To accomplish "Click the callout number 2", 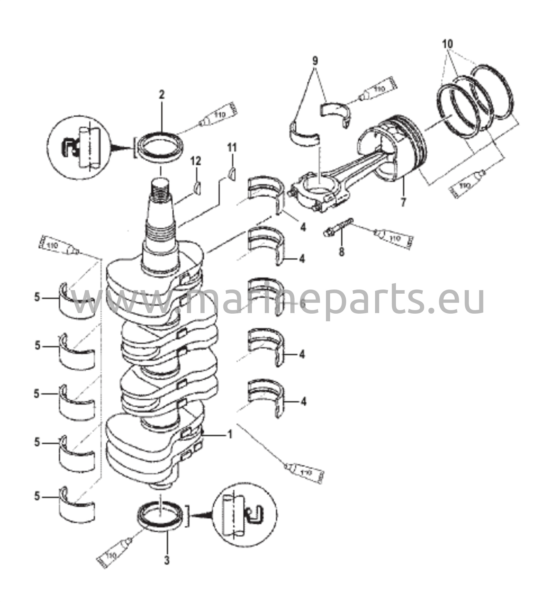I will tap(162, 95).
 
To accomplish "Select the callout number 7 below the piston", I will tap(403, 202).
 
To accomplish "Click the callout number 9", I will tap(315, 61).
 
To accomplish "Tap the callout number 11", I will tap(232, 148).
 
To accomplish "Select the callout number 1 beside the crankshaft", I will tap(230, 435).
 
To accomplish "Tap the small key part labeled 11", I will tap(232, 174).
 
